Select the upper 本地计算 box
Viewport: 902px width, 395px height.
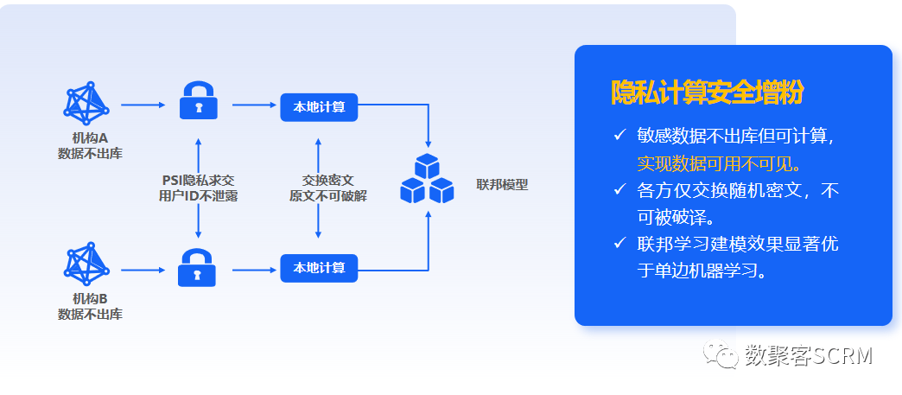point(319,107)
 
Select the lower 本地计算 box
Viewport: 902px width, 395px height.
point(319,267)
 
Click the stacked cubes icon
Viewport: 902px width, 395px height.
point(427,181)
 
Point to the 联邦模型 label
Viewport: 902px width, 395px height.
point(502,184)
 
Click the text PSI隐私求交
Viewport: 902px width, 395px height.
point(199,180)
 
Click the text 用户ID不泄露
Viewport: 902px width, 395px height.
point(199,196)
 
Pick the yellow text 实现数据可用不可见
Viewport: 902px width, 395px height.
point(720,162)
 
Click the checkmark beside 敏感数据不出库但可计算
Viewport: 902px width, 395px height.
point(619,135)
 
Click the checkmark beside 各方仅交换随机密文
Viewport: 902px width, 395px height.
point(619,188)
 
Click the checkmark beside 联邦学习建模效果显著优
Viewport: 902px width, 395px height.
point(619,243)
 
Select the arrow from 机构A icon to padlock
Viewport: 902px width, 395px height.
point(143,105)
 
